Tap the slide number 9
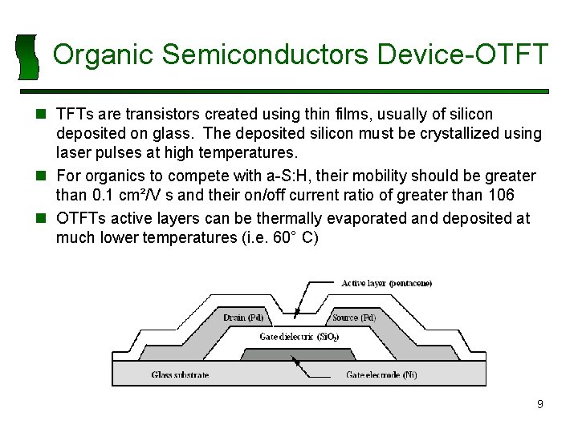[x=539, y=404]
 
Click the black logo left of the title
[x=28, y=57]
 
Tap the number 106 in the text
[x=499, y=196]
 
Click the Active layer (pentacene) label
[x=386, y=284]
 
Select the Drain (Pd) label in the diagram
[x=243, y=318]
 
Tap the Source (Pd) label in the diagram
[x=353, y=318]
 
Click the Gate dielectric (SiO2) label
[x=299, y=337]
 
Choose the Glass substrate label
[x=180, y=374]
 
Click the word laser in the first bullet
[x=74, y=152]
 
